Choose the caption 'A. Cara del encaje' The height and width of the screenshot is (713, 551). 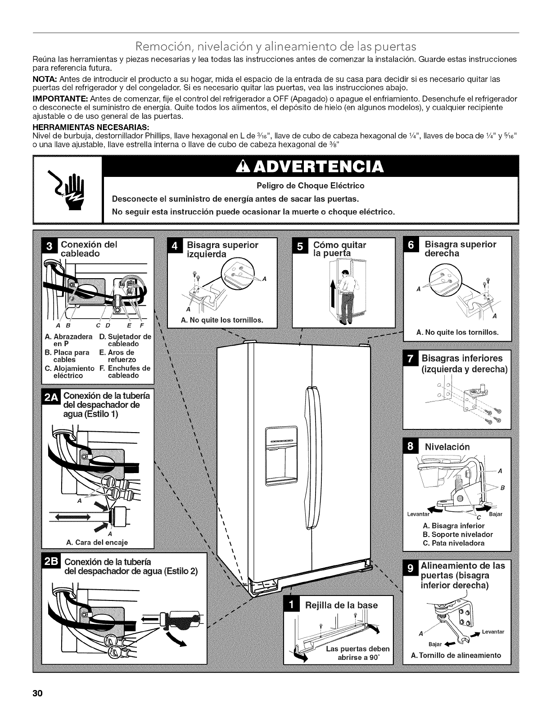pyautogui.click(x=97, y=542)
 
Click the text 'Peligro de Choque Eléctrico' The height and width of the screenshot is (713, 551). pyautogui.click(x=311, y=185)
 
